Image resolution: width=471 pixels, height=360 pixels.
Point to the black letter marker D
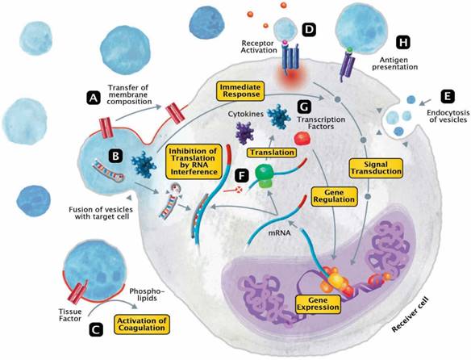click(x=309, y=31)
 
